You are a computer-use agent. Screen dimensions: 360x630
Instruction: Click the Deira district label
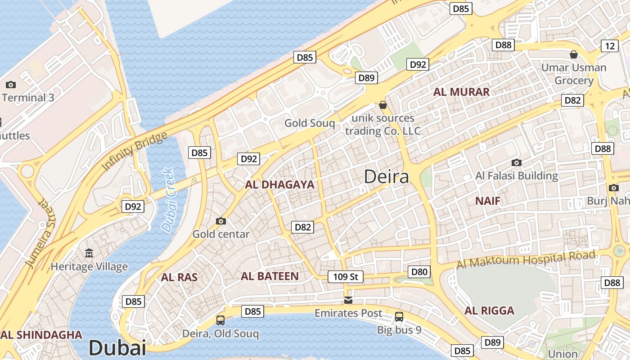pyautogui.click(x=387, y=176)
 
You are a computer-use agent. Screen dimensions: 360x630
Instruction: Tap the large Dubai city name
pyautogui.click(x=117, y=348)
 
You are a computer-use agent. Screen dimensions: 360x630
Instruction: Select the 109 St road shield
pyautogui.click(x=345, y=276)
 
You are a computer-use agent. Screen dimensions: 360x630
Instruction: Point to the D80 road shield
pyautogui.click(x=419, y=272)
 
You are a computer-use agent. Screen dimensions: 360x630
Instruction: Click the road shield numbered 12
pyautogui.click(x=610, y=46)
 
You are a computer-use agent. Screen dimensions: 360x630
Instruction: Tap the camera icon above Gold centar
pyautogui.click(x=220, y=221)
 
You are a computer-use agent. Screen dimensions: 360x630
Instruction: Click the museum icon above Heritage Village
pyautogui.click(x=89, y=253)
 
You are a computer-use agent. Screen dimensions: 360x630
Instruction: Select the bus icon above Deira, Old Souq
pyautogui.click(x=220, y=320)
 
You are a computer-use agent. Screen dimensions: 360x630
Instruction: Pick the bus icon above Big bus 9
pyautogui.click(x=399, y=316)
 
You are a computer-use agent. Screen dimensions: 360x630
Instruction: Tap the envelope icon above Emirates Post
pyautogui.click(x=348, y=300)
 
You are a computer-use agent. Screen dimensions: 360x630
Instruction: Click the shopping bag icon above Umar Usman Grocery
pyautogui.click(x=574, y=54)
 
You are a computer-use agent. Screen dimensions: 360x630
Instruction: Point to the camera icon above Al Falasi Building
pyautogui.click(x=517, y=162)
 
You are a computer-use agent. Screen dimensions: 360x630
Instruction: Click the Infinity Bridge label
pyautogui.click(x=135, y=151)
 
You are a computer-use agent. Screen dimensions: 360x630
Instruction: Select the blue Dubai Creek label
pyautogui.click(x=168, y=200)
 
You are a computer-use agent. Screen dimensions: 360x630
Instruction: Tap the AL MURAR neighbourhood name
pyautogui.click(x=461, y=92)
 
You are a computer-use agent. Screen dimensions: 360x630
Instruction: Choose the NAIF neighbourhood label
pyautogui.click(x=488, y=201)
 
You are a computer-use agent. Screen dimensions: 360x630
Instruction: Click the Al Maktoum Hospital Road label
pyautogui.click(x=526, y=260)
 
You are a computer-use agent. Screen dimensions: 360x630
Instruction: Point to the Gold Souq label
pyautogui.click(x=310, y=123)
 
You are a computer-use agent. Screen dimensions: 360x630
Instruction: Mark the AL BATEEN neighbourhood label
pyautogui.click(x=270, y=276)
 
